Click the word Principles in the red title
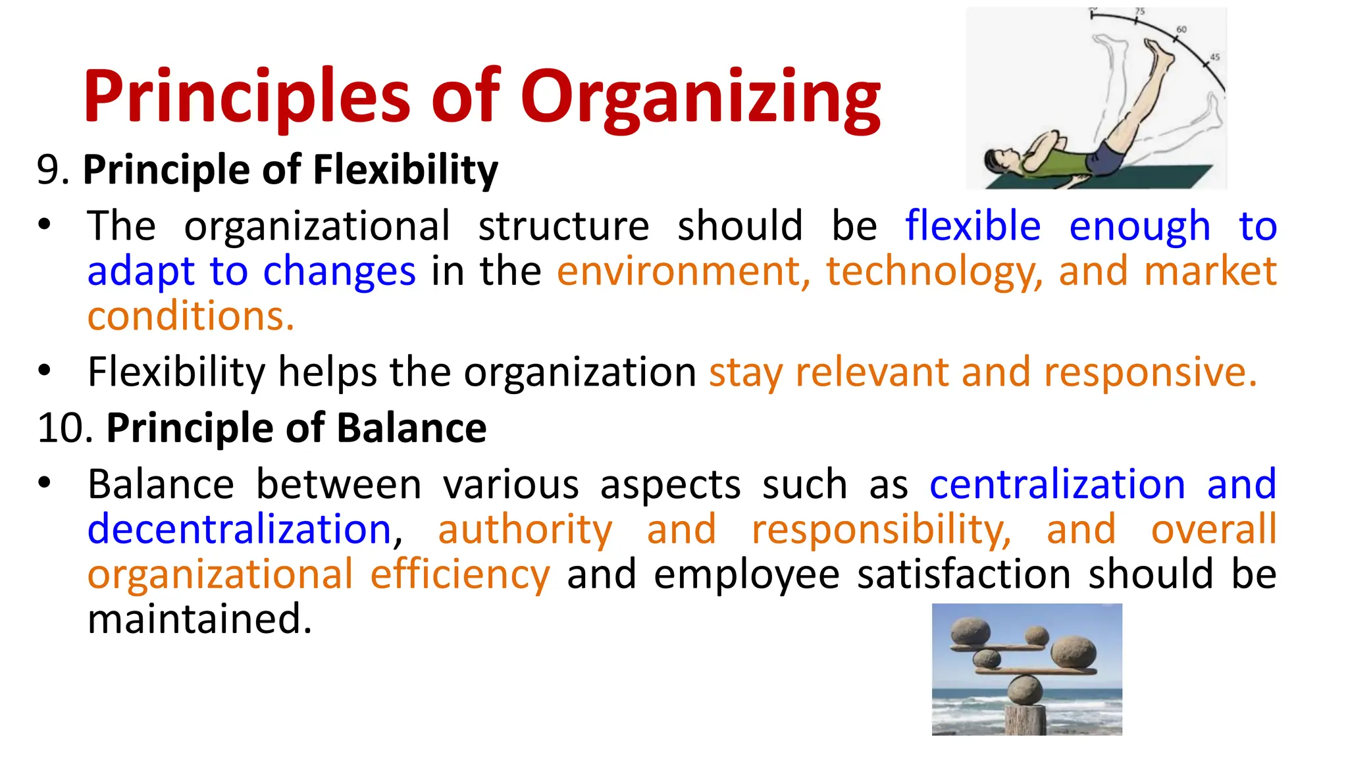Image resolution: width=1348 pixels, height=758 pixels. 247,99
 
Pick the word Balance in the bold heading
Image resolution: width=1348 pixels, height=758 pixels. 411,428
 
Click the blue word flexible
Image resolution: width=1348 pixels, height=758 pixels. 972,226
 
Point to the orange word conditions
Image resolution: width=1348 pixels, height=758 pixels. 190,316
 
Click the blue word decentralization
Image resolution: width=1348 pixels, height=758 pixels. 240,530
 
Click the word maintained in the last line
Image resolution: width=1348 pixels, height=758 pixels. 199,619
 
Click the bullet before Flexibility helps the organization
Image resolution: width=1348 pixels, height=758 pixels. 44,370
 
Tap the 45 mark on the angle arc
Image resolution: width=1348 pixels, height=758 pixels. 1215,57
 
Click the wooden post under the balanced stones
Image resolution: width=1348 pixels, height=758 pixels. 1025,720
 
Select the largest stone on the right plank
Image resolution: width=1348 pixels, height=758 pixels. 1074,651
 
